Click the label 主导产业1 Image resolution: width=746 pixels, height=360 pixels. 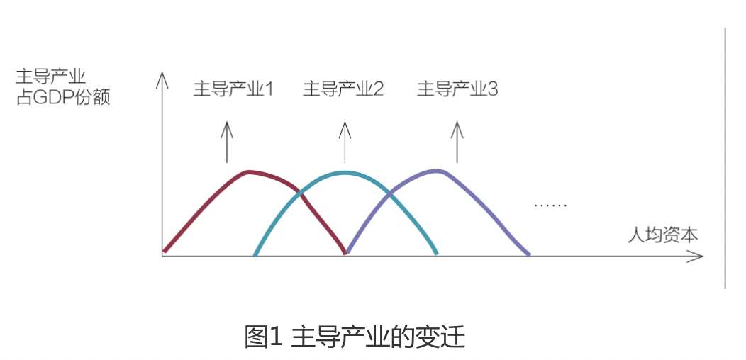[233, 89]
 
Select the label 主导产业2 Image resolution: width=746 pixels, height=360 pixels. [343, 89]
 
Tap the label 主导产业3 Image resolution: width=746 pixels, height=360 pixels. [457, 89]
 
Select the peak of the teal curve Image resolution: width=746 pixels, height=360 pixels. [345, 172]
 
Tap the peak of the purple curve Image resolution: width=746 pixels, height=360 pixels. [438, 170]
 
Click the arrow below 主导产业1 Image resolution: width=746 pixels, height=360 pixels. [226, 141]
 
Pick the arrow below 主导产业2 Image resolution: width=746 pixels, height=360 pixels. [345, 141]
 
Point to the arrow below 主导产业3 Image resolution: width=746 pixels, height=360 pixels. [457, 141]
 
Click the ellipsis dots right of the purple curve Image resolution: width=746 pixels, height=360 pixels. [550, 206]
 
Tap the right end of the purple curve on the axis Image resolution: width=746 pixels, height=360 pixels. [528, 253]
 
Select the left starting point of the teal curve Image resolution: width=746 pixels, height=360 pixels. [255, 253]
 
